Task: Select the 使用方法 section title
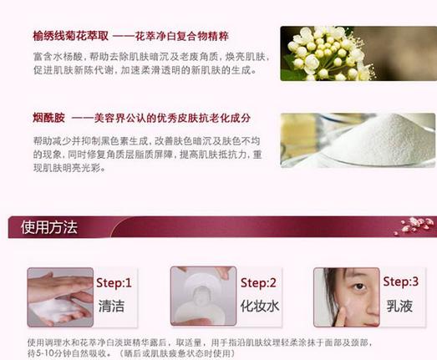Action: click(49, 226)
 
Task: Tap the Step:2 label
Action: click(258, 282)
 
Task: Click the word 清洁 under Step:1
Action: click(111, 306)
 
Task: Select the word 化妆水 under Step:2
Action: click(259, 306)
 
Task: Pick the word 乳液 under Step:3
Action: click(399, 306)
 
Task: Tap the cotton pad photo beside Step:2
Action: click(201, 296)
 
